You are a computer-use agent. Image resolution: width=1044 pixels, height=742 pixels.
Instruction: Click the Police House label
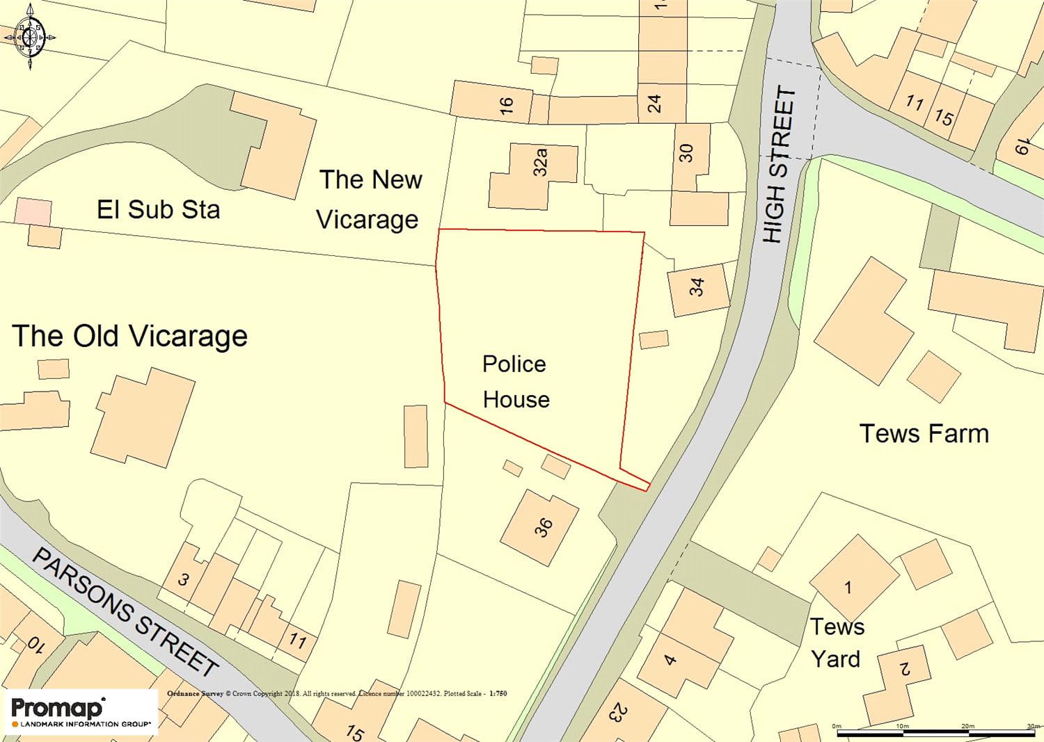click(516, 382)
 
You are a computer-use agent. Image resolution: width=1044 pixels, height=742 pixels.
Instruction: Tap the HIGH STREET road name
click(779, 165)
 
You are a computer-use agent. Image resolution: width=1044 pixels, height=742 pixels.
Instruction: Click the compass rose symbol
click(30, 36)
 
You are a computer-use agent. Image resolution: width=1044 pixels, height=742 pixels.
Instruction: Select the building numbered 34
click(698, 288)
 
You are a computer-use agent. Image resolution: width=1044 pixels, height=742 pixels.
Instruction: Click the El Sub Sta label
click(158, 209)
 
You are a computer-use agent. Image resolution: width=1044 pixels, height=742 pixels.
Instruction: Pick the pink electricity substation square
click(33, 211)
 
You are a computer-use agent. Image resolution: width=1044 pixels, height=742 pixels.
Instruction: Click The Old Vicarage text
click(130, 337)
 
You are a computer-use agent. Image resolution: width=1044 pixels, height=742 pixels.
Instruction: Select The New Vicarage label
click(370, 200)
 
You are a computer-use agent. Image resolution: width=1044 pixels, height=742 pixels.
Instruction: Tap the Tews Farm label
click(924, 434)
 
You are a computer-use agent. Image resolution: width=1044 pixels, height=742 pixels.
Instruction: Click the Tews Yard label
click(837, 643)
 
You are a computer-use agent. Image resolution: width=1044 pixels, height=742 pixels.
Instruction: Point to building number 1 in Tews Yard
click(848, 588)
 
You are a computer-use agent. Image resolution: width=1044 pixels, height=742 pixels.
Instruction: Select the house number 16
click(506, 105)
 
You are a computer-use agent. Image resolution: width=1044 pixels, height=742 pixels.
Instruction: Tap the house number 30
click(686, 153)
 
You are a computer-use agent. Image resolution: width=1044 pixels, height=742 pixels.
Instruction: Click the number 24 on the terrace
click(654, 104)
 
